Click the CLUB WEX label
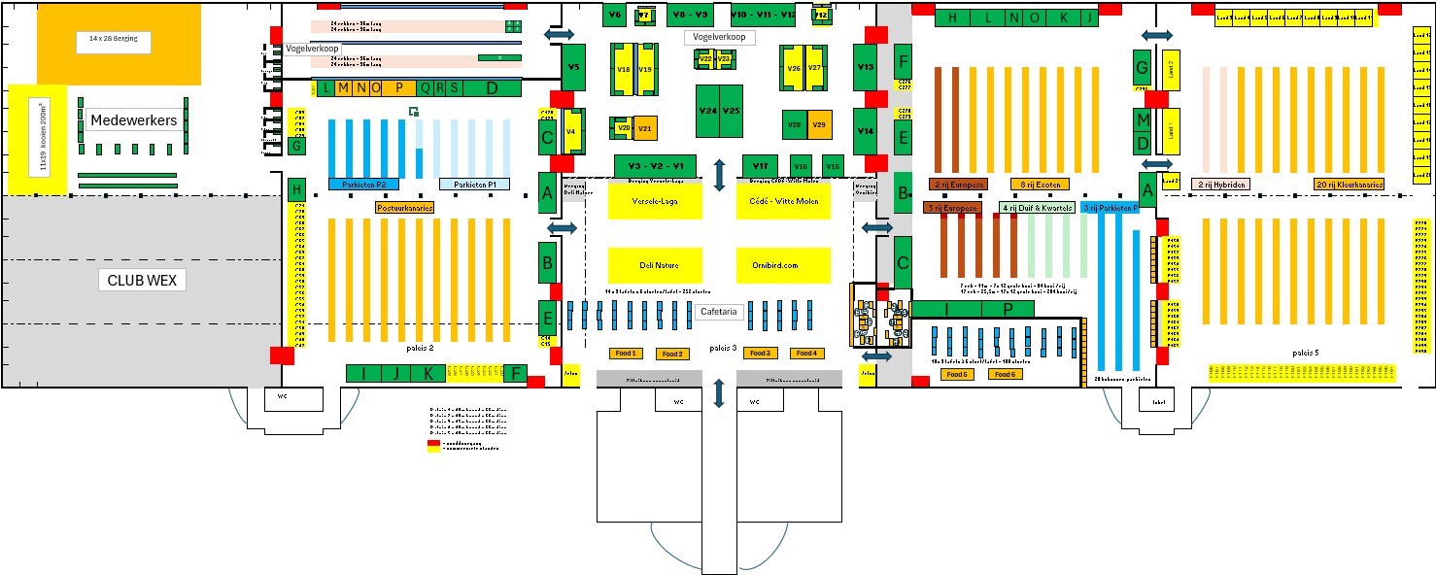pyautogui.click(x=142, y=281)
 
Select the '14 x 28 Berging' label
pyautogui.click(x=114, y=42)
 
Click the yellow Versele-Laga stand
pyautogui.click(x=655, y=201)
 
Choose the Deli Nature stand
pyautogui.click(x=655, y=264)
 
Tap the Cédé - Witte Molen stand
pyautogui.click(x=784, y=201)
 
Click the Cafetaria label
pyautogui.click(x=720, y=313)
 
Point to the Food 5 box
pyautogui.click(x=957, y=374)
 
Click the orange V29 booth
pyautogui.click(x=820, y=124)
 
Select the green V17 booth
pyautogui.click(x=761, y=166)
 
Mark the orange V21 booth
pyautogui.click(x=643, y=128)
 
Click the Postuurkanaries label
pyautogui.click(x=404, y=207)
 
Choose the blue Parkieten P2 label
pyautogui.click(x=364, y=185)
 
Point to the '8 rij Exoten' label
pyautogui.click(x=1040, y=184)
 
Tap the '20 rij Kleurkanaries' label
pyautogui.click(x=1350, y=184)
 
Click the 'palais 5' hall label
pyautogui.click(x=1305, y=352)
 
